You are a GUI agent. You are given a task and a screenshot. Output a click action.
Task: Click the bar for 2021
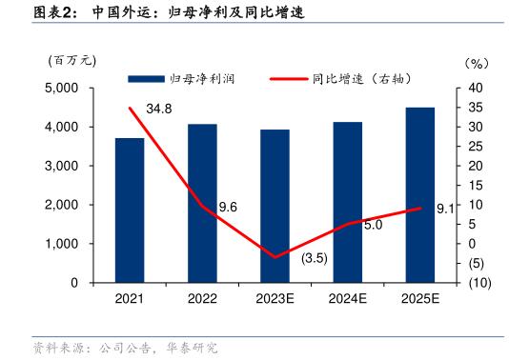click(130, 210)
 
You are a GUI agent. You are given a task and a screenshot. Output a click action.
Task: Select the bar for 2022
click(202, 203)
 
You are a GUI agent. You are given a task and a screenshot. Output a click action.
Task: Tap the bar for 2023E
click(275, 206)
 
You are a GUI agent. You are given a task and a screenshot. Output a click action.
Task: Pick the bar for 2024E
click(347, 202)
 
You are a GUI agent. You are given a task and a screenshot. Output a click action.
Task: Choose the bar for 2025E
click(419, 195)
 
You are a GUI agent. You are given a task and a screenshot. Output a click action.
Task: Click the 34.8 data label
click(159, 110)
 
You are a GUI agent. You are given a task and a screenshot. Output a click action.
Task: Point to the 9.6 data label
click(228, 208)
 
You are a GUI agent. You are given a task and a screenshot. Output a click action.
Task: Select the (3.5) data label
click(314, 258)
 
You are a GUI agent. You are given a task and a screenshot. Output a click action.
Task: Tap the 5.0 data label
click(373, 225)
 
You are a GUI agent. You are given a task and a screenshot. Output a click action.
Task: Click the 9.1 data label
click(444, 210)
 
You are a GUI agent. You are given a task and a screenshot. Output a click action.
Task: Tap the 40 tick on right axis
click(474, 88)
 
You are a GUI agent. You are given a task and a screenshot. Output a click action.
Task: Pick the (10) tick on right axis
click(478, 283)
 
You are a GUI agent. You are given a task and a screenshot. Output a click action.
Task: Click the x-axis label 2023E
click(275, 299)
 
